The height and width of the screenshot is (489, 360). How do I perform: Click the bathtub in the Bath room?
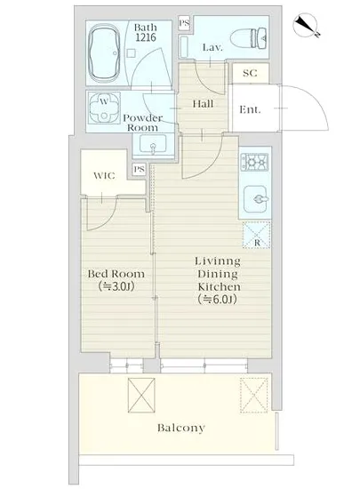(x=104, y=53)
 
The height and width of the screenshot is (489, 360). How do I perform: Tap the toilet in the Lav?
(x=248, y=38)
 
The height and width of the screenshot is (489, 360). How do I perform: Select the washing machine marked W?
(x=104, y=108)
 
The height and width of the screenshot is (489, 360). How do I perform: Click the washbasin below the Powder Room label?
(x=153, y=144)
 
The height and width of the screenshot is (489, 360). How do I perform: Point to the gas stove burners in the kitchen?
(x=254, y=162)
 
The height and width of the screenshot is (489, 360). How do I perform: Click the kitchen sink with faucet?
(x=256, y=199)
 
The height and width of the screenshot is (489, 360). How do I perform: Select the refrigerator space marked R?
(x=257, y=235)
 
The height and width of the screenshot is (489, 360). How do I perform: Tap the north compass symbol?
(x=305, y=26)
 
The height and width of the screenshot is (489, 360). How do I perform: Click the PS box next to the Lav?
(x=184, y=23)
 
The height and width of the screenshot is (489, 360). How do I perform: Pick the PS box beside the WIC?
(x=139, y=169)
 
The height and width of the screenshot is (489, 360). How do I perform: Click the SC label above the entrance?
(x=250, y=73)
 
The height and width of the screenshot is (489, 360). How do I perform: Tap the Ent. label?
(x=250, y=109)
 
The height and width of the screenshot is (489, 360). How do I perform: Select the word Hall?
(x=203, y=103)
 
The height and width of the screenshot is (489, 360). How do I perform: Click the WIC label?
(x=104, y=175)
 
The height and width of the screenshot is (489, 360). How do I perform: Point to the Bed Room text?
(x=116, y=274)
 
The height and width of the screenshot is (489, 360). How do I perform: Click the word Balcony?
(x=181, y=428)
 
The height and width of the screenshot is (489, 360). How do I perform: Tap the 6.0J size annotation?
(x=217, y=300)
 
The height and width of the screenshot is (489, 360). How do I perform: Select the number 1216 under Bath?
(x=146, y=37)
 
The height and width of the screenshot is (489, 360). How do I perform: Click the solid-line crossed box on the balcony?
(x=141, y=396)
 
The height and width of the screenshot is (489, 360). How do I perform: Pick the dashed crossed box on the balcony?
(x=253, y=396)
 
